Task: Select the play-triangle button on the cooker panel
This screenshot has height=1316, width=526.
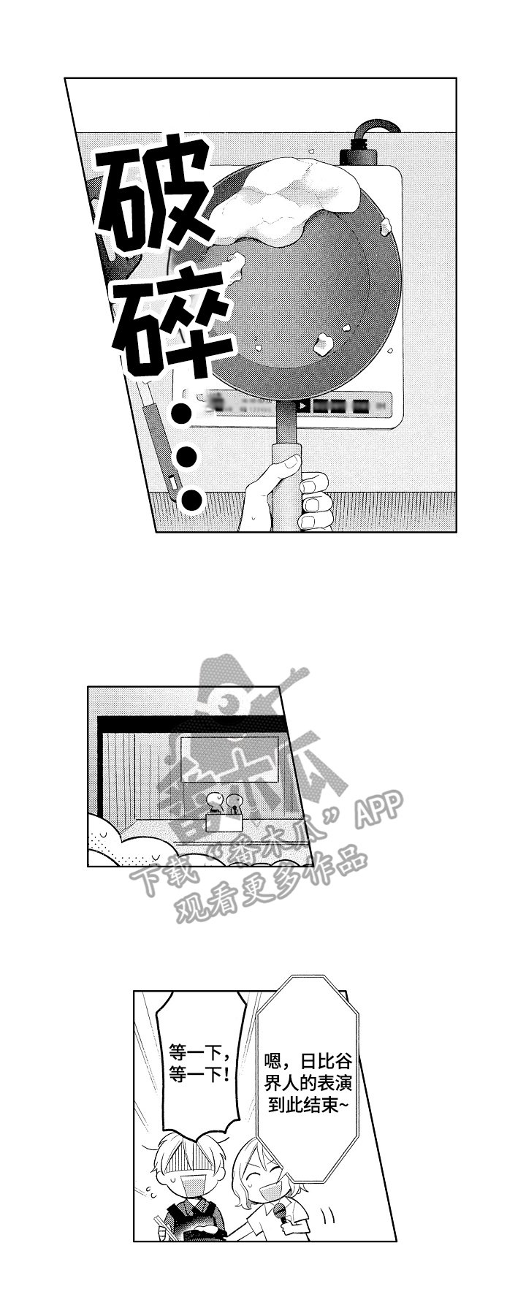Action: click(x=300, y=406)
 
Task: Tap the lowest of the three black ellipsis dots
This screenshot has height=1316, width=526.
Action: click(x=191, y=501)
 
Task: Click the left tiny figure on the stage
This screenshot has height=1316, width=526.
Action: click(x=214, y=802)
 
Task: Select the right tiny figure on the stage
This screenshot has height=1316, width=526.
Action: click(x=233, y=803)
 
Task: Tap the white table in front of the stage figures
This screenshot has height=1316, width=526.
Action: click(x=224, y=821)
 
